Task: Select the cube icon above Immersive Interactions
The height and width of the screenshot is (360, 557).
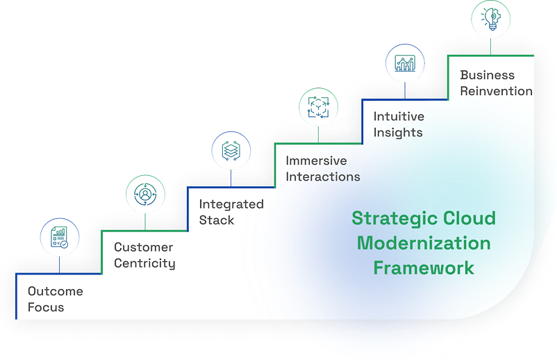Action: [318, 107]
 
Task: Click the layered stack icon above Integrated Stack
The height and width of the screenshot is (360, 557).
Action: [231, 151]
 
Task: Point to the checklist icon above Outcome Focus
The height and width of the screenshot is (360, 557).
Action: [60, 237]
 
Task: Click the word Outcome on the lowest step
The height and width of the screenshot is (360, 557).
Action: [55, 291]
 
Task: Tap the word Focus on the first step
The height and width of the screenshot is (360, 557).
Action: [46, 307]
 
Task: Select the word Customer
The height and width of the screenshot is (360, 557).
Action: [144, 247]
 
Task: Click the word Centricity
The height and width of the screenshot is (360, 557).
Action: [144, 263]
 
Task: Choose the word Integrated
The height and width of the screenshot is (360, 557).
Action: [231, 204]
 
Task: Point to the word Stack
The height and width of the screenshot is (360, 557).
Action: [217, 220]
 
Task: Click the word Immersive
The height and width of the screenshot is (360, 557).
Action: [317, 161]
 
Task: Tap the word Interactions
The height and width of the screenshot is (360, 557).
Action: [323, 177]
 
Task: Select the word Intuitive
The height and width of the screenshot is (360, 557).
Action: [399, 117]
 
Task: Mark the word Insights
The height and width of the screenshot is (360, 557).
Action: [397, 133]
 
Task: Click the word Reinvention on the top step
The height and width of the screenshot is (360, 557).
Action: [496, 91]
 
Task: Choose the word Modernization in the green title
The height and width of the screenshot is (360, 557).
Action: [424, 243]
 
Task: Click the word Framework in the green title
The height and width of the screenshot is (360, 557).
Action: [424, 268]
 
